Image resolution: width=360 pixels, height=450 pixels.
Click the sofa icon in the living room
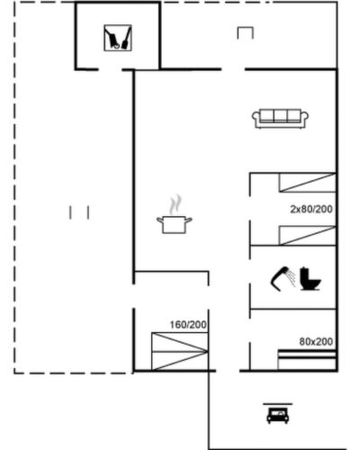(x=281, y=119)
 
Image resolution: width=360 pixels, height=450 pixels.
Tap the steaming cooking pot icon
(x=175, y=214)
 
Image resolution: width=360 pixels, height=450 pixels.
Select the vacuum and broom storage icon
(x=118, y=38)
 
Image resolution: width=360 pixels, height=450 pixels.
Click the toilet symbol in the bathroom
(x=310, y=279)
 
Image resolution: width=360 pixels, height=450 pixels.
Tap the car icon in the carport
(x=278, y=415)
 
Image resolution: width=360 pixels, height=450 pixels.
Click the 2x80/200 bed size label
(x=311, y=209)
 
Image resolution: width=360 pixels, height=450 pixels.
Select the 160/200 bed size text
(x=188, y=325)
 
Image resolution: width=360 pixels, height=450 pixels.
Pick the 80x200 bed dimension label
(x=316, y=342)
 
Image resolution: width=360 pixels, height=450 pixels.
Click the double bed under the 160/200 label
(x=180, y=351)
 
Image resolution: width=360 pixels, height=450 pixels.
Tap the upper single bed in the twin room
(x=307, y=183)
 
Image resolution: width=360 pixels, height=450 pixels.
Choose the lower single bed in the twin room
(x=307, y=236)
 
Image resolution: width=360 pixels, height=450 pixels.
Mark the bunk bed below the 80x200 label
(x=307, y=360)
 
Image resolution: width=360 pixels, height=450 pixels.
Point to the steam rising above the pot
(x=175, y=204)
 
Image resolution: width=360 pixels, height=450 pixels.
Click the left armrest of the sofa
(x=256, y=119)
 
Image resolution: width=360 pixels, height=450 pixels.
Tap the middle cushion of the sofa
(x=281, y=116)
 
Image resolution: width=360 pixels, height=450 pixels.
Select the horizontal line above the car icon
(x=278, y=404)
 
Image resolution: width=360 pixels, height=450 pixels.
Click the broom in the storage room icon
(x=126, y=39)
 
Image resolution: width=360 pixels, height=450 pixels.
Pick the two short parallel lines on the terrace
(x=79, y=212)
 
